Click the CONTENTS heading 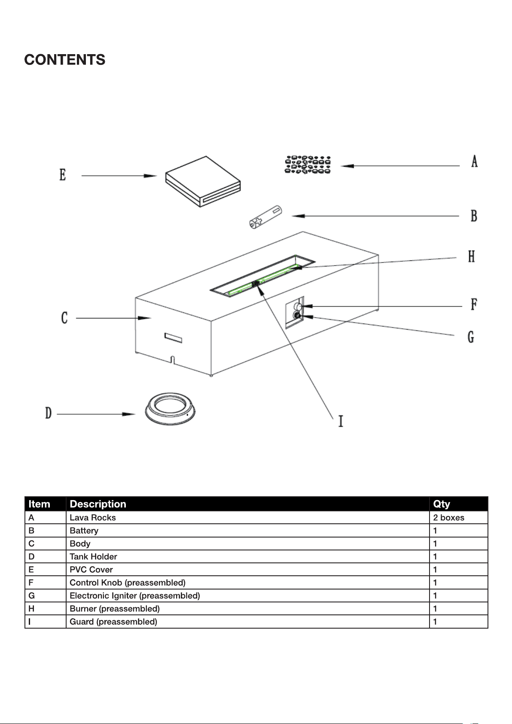(64, 60)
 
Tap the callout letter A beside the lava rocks (474, 161)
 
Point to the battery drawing (265, 217)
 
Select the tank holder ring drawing (170, 409)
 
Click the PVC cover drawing (203, 182)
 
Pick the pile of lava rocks (308, 165)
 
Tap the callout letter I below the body (341, 422)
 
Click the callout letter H (472, 257)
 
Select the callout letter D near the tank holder (48, 413)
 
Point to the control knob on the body (298, 306)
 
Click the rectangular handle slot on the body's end (173, 338)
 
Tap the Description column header (98, 504)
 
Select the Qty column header (441, 504)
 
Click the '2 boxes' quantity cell (449, 517)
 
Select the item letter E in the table (31, 569)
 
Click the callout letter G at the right (471, 337)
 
